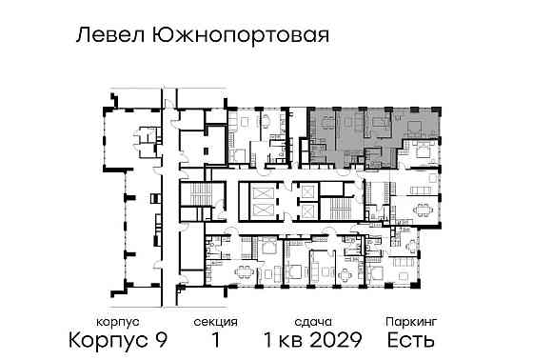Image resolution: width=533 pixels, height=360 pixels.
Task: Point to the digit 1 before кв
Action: [x=275, y=339]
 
